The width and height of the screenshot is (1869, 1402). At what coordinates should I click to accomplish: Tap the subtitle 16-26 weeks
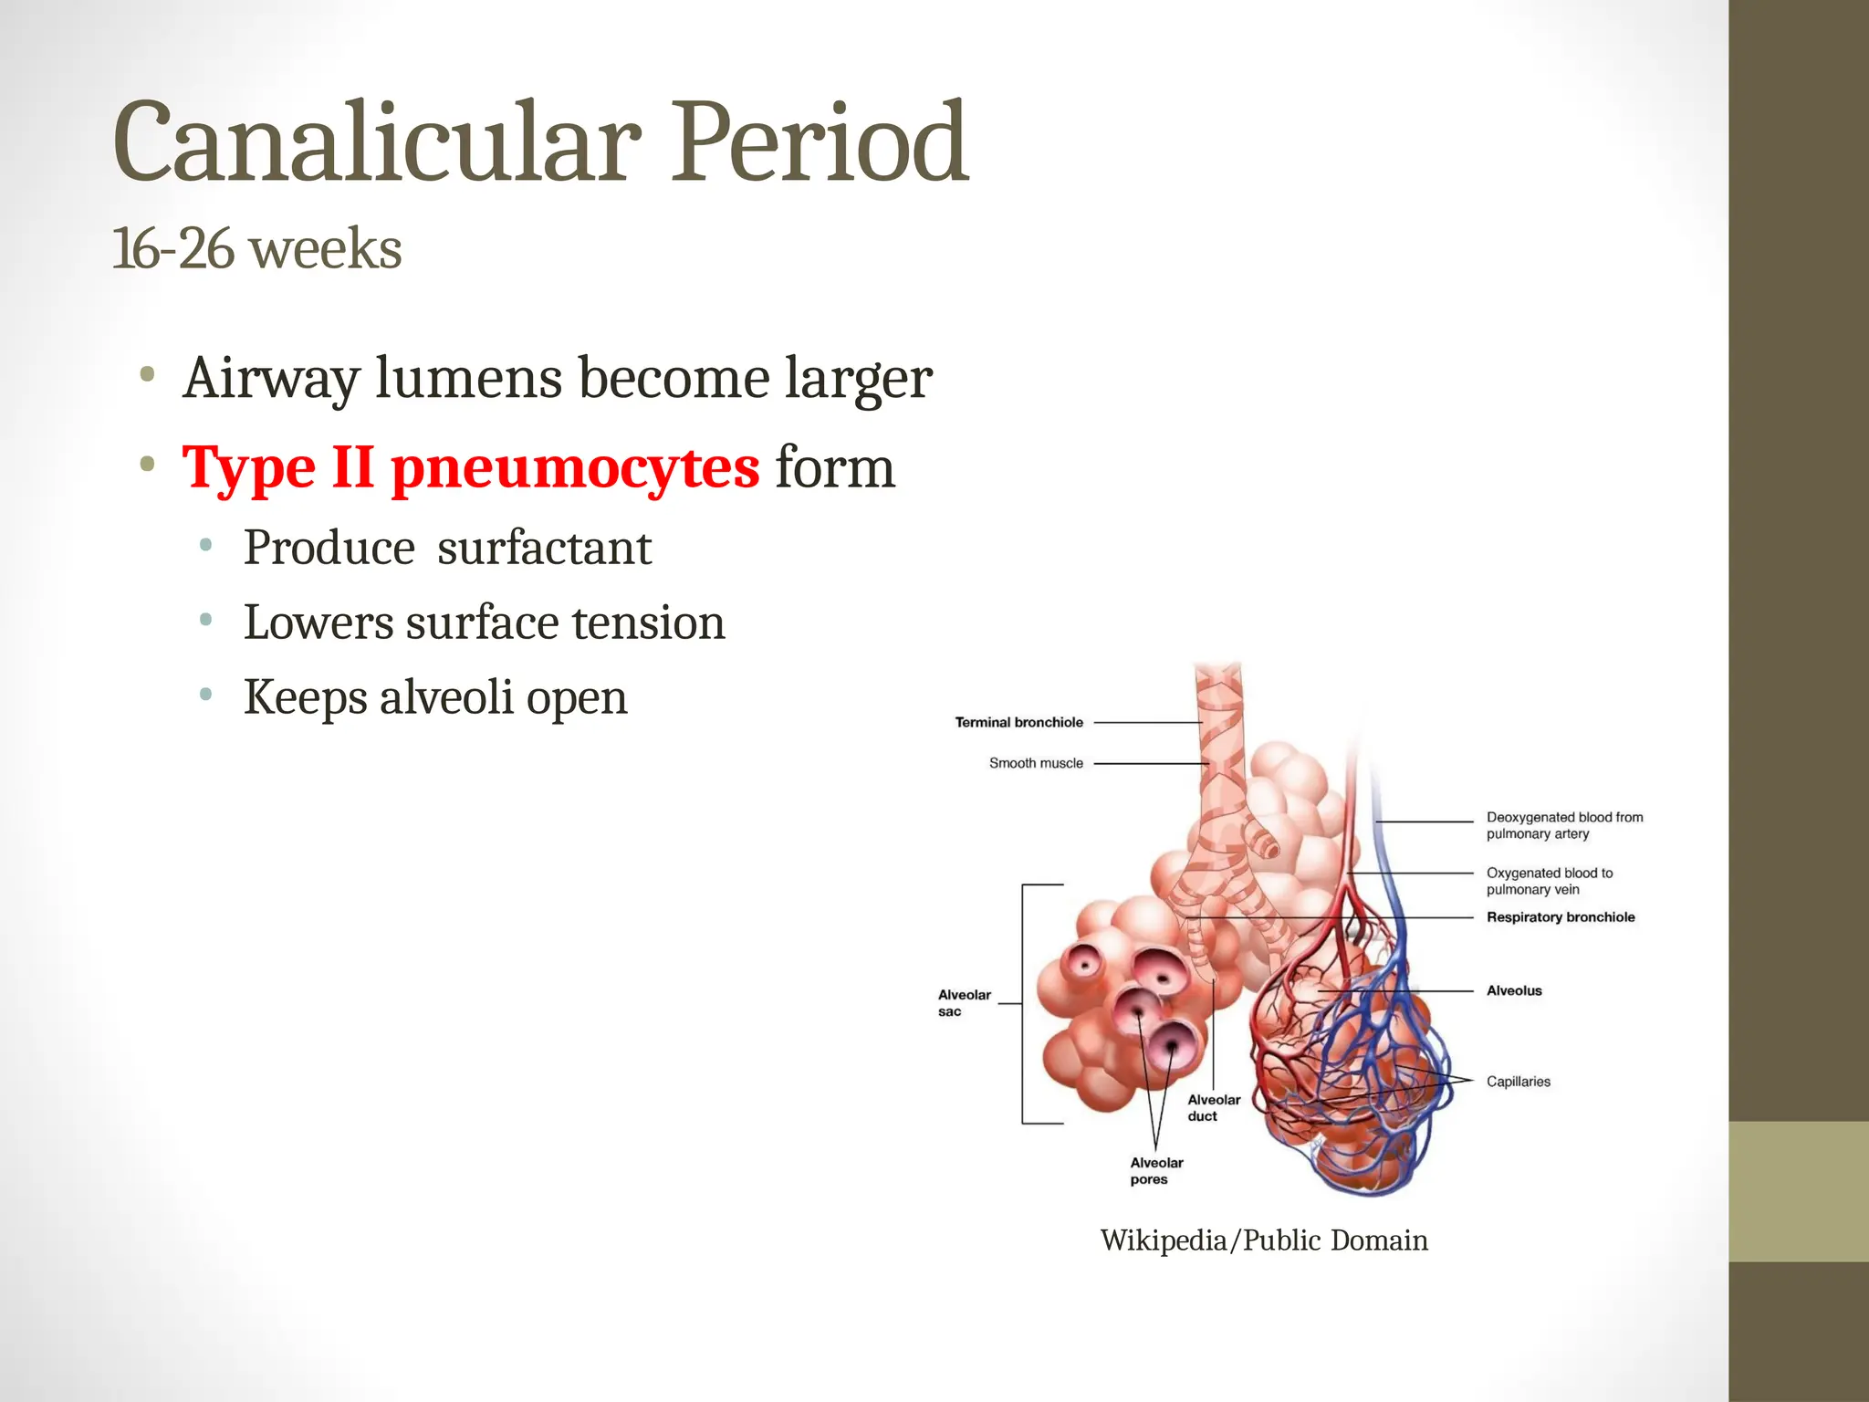(256, 249)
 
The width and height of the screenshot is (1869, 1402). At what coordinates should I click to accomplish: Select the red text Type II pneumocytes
(470, 467)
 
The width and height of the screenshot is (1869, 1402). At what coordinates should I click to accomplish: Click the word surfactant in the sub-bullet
(544, 549)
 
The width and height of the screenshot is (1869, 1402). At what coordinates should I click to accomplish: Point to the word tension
(648, 623)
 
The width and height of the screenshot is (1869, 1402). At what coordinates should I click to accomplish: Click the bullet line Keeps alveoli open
(434, 698)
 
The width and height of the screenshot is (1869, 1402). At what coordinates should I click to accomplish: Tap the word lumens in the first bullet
(468, 378)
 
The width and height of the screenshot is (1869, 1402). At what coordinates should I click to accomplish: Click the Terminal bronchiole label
(1018, 722)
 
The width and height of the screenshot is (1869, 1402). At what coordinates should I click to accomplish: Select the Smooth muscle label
(1036, 763)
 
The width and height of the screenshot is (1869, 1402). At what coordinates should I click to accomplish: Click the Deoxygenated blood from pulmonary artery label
(1564, 825)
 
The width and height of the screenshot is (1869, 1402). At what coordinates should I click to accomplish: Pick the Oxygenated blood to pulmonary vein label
(1549, 881)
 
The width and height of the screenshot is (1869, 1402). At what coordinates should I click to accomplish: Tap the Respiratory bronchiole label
(1561, 917)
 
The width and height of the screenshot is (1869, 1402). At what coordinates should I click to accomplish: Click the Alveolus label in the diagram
(1514, 990)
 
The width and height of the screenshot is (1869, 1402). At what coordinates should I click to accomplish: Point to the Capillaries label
(1518, 1082)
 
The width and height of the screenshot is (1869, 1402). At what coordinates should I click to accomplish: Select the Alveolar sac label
(964, 1003)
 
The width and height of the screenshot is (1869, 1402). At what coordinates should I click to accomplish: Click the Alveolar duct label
(1214, 1108)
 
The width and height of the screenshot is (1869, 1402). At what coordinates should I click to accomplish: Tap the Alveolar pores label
(1156, 1171)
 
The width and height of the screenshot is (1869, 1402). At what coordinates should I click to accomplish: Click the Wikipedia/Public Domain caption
(1264, 1240)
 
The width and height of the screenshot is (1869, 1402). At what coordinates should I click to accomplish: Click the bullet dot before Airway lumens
(147, 375)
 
